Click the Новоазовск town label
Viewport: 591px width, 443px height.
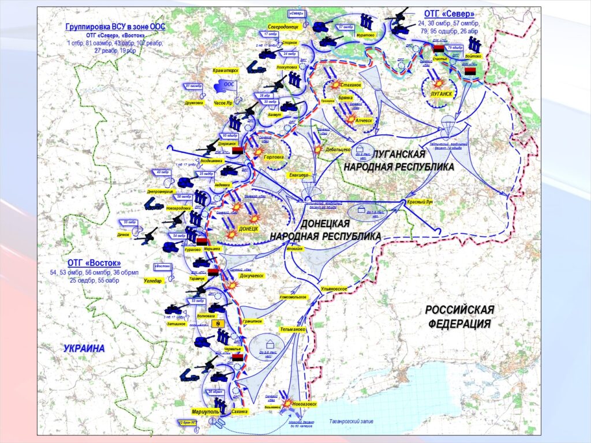(x=304, y=404)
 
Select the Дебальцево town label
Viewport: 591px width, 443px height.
(x=338, y=149)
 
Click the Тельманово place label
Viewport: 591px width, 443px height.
(x=293, y=329)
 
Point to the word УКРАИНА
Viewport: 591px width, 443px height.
(x=84, y=348)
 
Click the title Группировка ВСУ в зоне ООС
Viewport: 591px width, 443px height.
(x=115, y=27)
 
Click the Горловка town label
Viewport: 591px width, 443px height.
(x=273, y=156)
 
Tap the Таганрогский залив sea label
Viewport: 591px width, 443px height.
(x=351, y=421)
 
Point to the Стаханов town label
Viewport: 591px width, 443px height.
(x=351, y=85)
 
